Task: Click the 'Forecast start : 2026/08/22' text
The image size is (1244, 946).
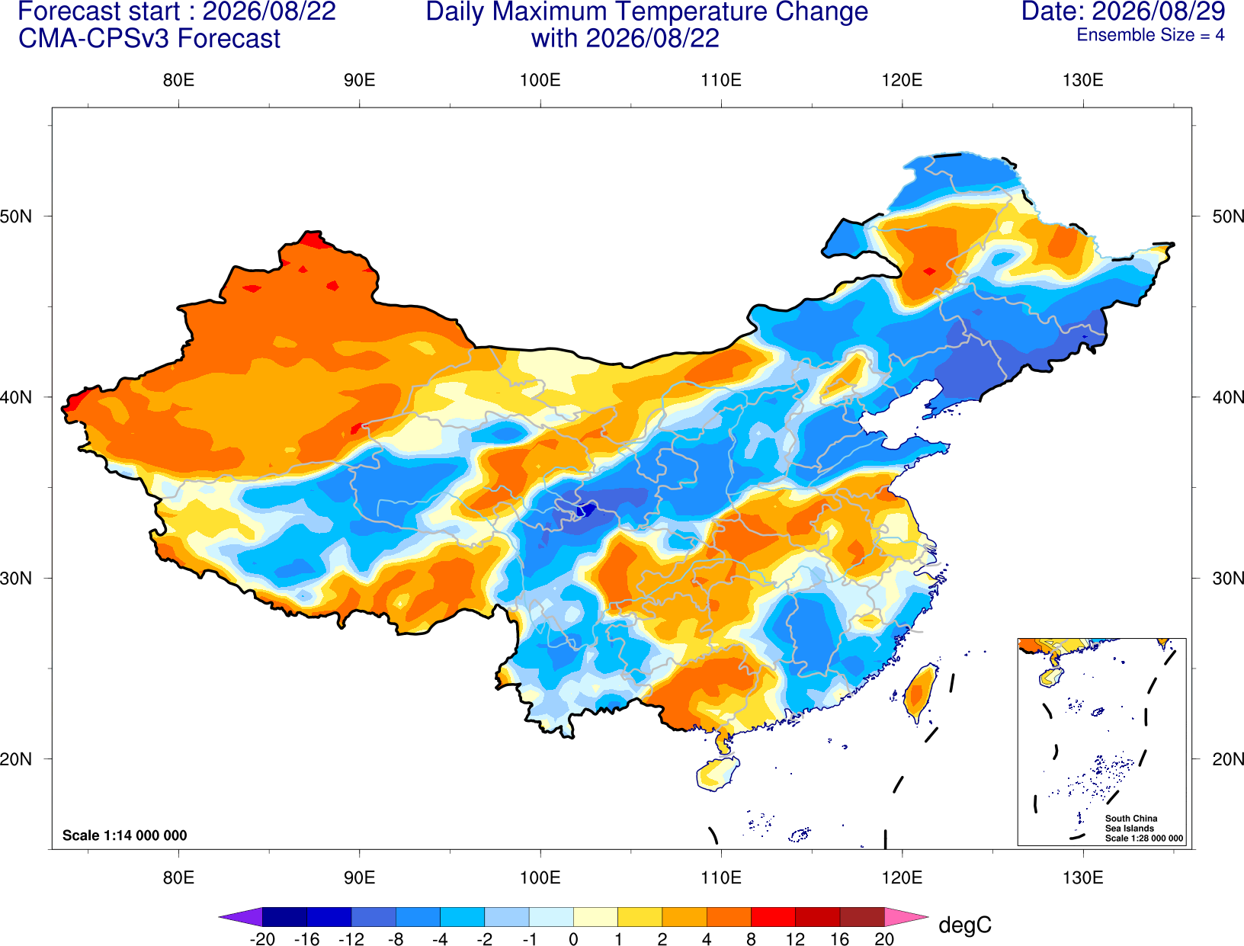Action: point(177,11)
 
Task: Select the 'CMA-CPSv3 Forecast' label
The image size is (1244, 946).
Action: point(149,39)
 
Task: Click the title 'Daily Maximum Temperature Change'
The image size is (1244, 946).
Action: point(646,11)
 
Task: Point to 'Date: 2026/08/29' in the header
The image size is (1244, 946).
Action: point(1123,11)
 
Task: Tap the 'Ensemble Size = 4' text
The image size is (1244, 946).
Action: point(1150,35)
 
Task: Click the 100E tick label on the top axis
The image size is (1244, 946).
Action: point(540,80)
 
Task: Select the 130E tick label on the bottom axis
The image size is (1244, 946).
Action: point(1083,878)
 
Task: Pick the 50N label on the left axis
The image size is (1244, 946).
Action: point(16,216)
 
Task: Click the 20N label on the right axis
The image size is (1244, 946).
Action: point(1227,759)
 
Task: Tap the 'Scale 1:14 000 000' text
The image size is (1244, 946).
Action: point(125,835)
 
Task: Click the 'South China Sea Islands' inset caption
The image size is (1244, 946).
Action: point(1130,823)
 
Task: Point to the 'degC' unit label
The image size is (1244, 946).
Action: point(965,925)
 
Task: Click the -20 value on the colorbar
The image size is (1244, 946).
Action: point(262,939)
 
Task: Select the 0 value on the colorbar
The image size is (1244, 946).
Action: point(573,939)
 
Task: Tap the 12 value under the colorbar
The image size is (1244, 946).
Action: point(795,939)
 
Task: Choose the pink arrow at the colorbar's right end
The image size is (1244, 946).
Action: point(906,916)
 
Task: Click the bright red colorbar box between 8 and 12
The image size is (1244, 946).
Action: point(773,916)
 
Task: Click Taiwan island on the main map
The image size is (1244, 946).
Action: point(919,694)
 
